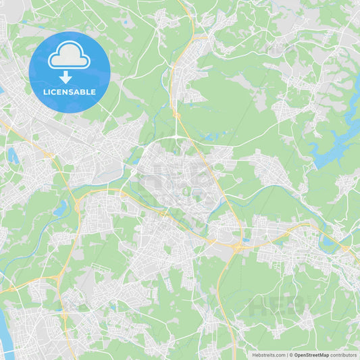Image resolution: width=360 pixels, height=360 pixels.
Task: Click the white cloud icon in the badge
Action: pos(70,57)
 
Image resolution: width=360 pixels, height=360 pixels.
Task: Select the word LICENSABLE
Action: pos(70,92)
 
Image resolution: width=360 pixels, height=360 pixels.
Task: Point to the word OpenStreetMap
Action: pos(311,355)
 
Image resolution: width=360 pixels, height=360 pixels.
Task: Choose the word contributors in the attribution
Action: pos(344,355)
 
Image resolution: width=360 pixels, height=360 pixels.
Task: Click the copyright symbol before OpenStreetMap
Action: pos(291,355)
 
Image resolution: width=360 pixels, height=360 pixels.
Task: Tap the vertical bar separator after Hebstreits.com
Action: pos(287,355)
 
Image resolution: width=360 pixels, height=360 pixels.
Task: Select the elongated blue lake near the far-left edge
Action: pos(13,155)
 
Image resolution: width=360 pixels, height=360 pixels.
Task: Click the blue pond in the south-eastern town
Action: pos(328,241)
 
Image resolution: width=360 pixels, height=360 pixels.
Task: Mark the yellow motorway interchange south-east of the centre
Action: pos(238,247)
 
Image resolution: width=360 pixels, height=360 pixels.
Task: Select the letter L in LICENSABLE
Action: pos(45,92)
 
